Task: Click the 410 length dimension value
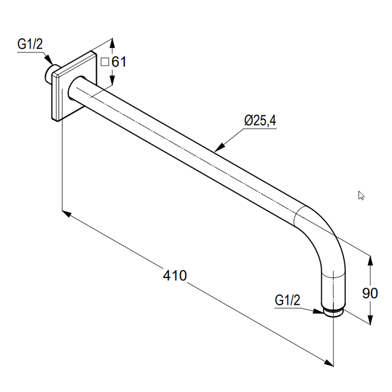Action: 175,276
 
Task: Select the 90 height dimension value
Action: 370,293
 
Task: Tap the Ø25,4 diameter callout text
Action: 260,120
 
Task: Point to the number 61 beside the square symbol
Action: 119,62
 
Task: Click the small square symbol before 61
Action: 105,62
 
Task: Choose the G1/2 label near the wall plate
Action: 30,44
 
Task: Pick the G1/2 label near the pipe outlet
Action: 287,300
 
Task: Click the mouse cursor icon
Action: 361,196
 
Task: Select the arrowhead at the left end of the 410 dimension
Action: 67,214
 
